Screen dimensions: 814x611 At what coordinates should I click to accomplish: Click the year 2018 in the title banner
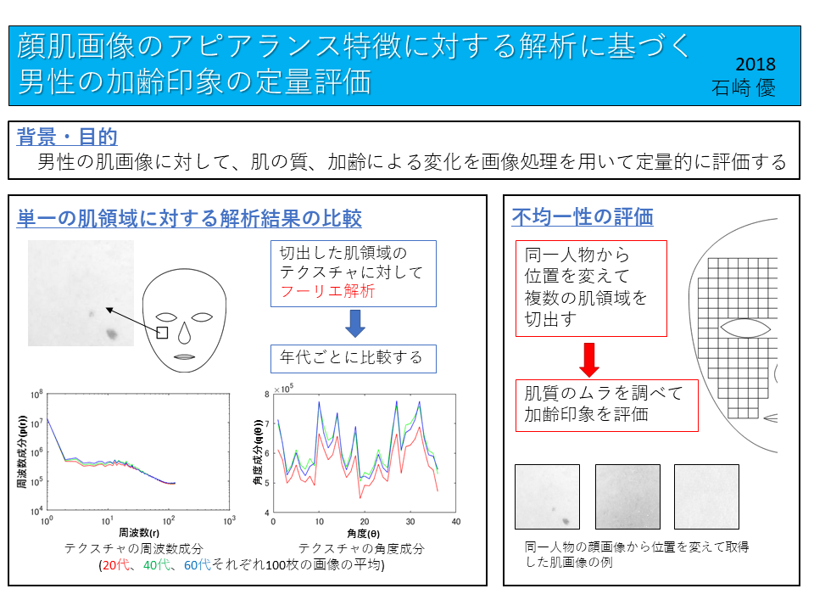pyautogui.click(x=755, y=64)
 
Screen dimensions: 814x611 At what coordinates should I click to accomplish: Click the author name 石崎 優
pyautogui.click(x=743, y=87)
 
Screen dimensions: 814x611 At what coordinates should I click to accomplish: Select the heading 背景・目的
pyautogui.click(x=67, y=137)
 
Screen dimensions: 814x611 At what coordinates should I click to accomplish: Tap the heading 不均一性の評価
pyautogui.click(x=583, y=216)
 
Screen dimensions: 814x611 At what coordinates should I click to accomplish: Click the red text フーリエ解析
pyautogui.click(x=327, y=291)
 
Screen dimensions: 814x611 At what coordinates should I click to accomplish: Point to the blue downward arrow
pyautogui.click(x=355, y=323)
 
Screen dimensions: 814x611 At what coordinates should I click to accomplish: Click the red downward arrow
pyautogui.click(x=589, y=360)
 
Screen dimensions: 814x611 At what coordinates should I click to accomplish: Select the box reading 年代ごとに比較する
pyautogui.click(x=353, y=358)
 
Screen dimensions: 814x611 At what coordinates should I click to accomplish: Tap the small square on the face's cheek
pyautogui.click(x=162, y=333)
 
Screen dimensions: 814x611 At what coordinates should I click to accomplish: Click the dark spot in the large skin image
pyautogui.click(x=111, y=334)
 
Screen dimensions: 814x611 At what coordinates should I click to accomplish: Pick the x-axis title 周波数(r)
pyautogui.click(x=138, y=533)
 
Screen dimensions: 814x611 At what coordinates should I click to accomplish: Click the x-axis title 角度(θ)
pyautogui.click(x=364, y=534)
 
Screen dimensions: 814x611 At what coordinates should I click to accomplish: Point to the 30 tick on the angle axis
pyautogui.click(x=410, y=522)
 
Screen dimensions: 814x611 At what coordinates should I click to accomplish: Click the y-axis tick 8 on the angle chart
pyautogui.click(x=267, y=395)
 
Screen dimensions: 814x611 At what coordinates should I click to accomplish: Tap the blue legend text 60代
pyautogui.click(x=198, y=565)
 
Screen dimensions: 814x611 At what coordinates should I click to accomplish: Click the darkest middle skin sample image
pyautogui.click(x=627, y=496)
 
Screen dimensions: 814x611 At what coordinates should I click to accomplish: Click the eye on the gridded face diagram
pyautogui.click(x=745, y=328)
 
